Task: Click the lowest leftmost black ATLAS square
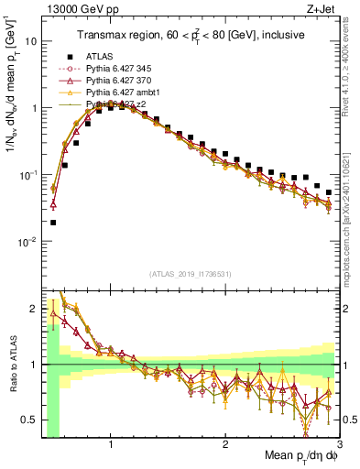pyautogui.click(x=53, y=222)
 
